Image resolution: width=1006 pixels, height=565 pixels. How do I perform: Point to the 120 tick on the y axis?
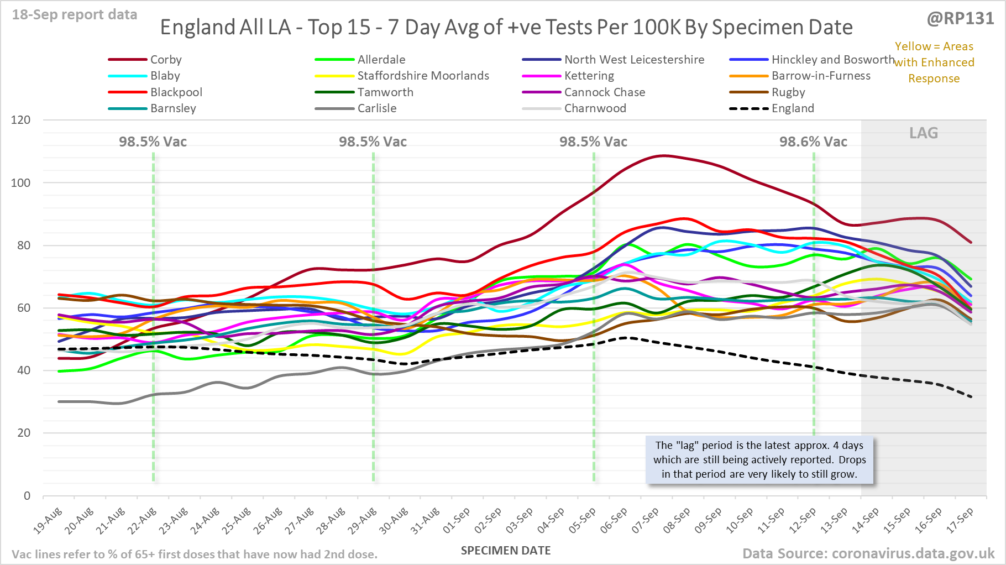[20, 120]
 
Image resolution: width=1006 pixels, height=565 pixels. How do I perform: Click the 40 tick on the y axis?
[24, 370]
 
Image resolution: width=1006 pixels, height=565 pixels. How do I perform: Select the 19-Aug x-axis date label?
[48, 520]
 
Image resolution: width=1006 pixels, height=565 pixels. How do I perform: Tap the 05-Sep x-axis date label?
[583, 520]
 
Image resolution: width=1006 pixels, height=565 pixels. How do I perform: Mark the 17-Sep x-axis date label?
[960, 520]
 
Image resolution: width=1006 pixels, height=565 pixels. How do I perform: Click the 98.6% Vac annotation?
[813, 142]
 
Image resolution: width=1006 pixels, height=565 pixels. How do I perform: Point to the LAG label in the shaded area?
[924, 133]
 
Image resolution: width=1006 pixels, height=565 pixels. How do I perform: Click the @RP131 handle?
[960, 19]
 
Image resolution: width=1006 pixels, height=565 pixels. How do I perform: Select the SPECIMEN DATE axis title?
[506, 551]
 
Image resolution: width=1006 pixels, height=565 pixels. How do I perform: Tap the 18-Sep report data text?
[75, 15]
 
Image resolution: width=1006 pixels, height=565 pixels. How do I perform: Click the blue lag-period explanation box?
[759, 459]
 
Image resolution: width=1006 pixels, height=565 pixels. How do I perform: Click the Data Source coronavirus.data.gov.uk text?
[868, 553]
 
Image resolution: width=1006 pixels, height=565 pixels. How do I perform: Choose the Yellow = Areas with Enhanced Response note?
[934, 62]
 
